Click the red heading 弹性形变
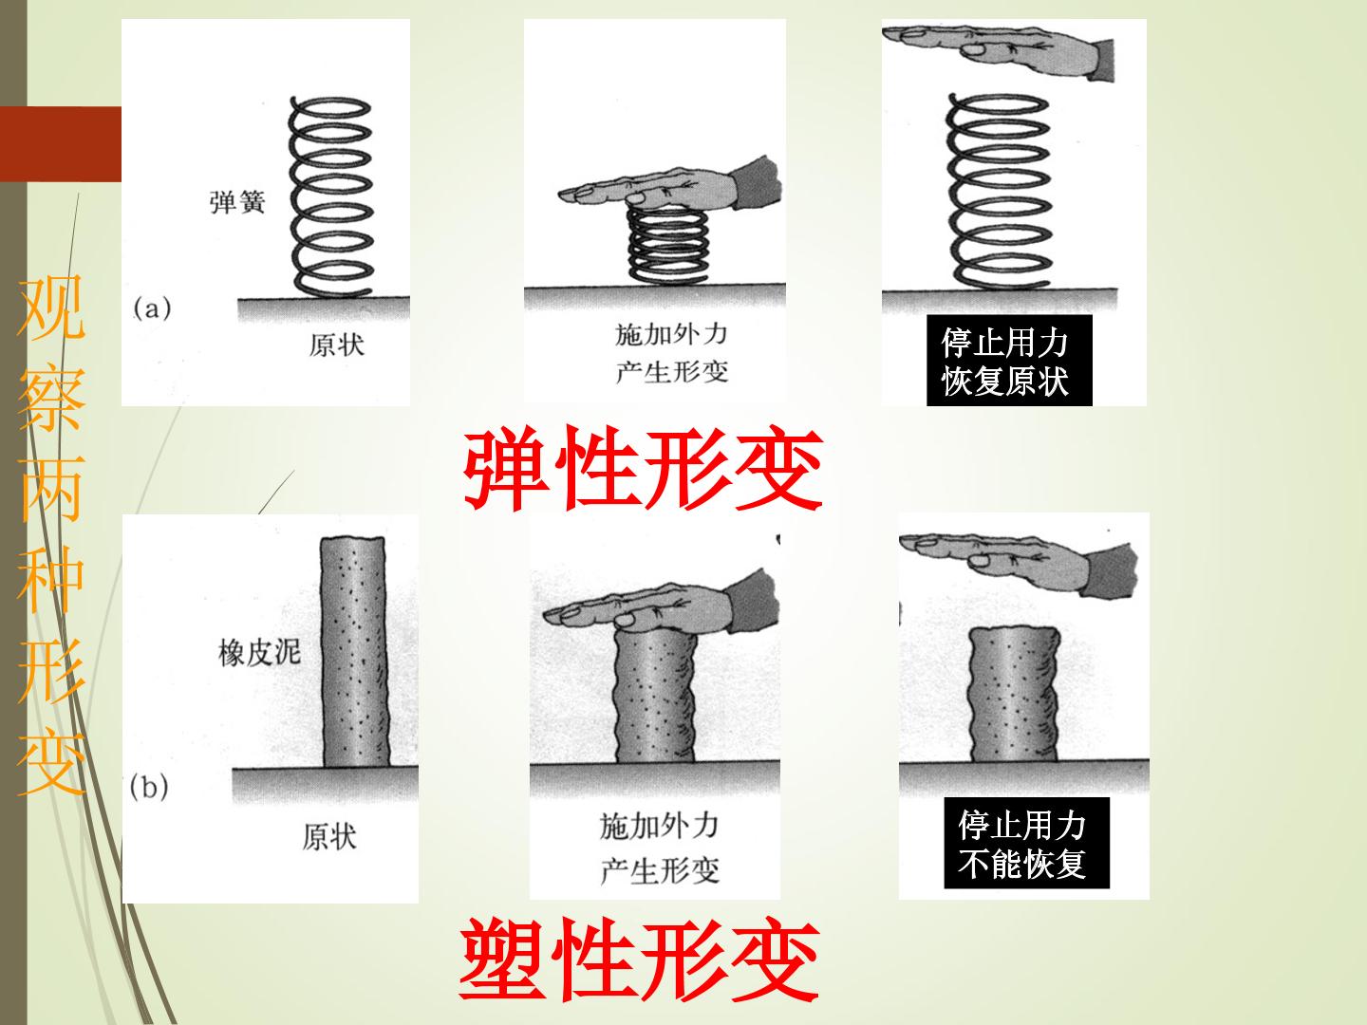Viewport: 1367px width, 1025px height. pyautogui.click(x=644, y=469)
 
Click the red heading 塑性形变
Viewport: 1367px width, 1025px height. pyautogui.click(x=640, y=959)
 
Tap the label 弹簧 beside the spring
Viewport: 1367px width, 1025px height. pyautogui.click(x=237, y=201)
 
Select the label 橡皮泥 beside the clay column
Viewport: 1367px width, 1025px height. pyautogui.click(x=260, y=653)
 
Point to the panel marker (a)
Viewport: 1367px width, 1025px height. pyautogui.click(x=152, y=308)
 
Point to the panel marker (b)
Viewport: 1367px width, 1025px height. pyautogui.click(x=149, y=787)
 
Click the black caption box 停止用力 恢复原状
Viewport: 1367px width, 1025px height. pyautogui.click(x=1009, y=361)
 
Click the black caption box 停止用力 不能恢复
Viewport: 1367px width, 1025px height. pyautogui.click(x=1026, y=843)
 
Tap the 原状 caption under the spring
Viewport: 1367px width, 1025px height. pyautogui.click(x=336, y=345)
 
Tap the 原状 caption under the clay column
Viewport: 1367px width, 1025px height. pyautogui.click(x=329, y=836)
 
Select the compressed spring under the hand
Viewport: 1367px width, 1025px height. pyautogui.click(x=667, y=245)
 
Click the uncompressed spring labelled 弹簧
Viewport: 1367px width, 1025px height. pyautogui.click(x=330, y=196)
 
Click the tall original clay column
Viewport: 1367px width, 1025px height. pyautogui.click(x=354, y=651)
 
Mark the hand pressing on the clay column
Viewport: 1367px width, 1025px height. pyautogui.click(x=662, y=603)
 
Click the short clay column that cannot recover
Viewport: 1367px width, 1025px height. pyautogui.click(x=1014, y=693)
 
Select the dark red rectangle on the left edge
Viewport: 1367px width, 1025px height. pyautogui.click(x=61, y=143)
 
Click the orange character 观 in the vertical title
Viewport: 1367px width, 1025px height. pyautogui.click(x=51, y=308)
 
